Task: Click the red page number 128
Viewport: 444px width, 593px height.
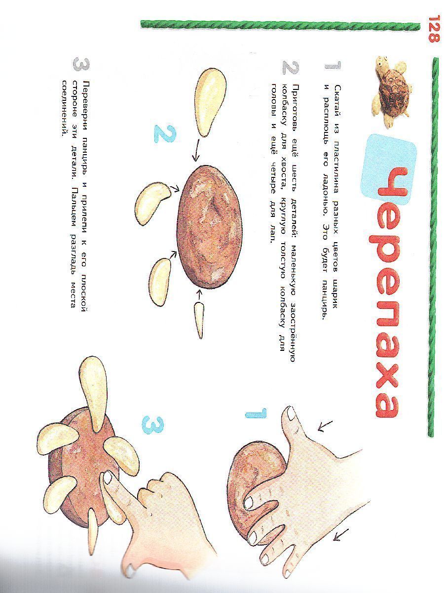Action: pyautogui.click(x=434, y=29)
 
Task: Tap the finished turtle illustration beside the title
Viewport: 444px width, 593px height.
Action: pyautogui.click(x=392, y=90)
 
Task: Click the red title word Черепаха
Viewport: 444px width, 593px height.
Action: pyautogui.click(x=388, y=291)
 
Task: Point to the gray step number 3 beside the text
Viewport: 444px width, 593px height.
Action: pyautogui.click(x=81, y=64)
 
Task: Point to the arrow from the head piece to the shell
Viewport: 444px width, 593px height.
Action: pyautogui.click(x=196, y=150)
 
